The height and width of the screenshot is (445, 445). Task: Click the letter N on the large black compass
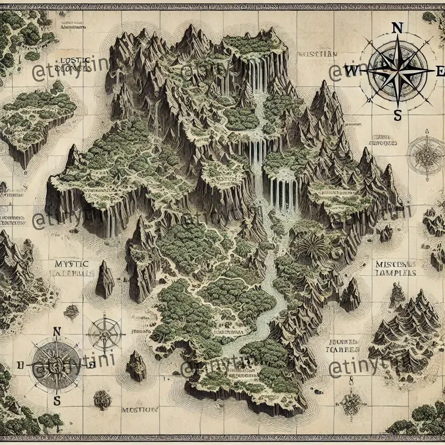pyautogui.click(x=397, y=28)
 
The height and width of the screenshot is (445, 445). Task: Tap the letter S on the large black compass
pyautogui.click(x=397, y=115)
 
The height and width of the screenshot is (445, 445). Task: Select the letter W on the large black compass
pyautogui.click(x=352, y=71)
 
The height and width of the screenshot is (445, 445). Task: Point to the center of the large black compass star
pyautogui.click(x=397, y=71)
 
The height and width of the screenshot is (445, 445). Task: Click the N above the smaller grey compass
pyautogui.click(x=56, y=332)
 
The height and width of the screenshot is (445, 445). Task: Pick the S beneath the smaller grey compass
pyautogui.click(x=56, y=400)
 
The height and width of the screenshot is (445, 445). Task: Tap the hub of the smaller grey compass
pyautogui.click(x=56, y=366)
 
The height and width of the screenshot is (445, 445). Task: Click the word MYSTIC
pyautogui.click(x=72, y=263)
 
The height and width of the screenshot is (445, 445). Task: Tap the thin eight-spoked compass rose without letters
pyautogui.click(x=105, y=333)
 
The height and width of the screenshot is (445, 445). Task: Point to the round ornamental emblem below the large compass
pyautogui.click(x=426, y=153)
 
